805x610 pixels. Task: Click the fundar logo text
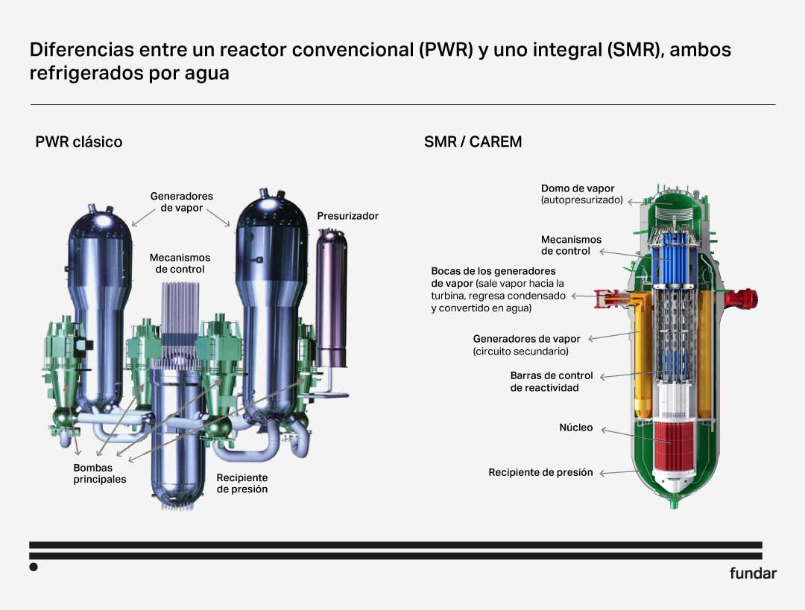pyautogui.click(x=753, y=573)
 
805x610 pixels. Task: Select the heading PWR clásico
pyautogui.click(x=78, y=142)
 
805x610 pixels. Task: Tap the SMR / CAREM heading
pyautogui.click(x=473, y=142)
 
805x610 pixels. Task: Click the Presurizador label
pyautogui.click(x=347, y=216)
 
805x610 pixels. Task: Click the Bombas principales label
pyautogui.click(x=100, y=474)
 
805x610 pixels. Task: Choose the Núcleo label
pyautogui.click(x=576, y=428)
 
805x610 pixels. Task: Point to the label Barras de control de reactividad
pyautogui.click(x=552, y=381)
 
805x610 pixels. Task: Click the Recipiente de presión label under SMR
pyautogui.click(x=540, y=472)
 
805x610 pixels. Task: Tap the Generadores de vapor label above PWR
pyautogui.click(x=181, y=202)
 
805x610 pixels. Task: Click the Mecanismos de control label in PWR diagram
pyautogui.click(x=180, y=263)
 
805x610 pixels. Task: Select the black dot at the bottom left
pyautogui.click(x=34, y=567)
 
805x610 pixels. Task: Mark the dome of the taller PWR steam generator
pyautogui.click(x=271, y=210)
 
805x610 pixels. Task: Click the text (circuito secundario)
pyautogui.click(x=520, y=352)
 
